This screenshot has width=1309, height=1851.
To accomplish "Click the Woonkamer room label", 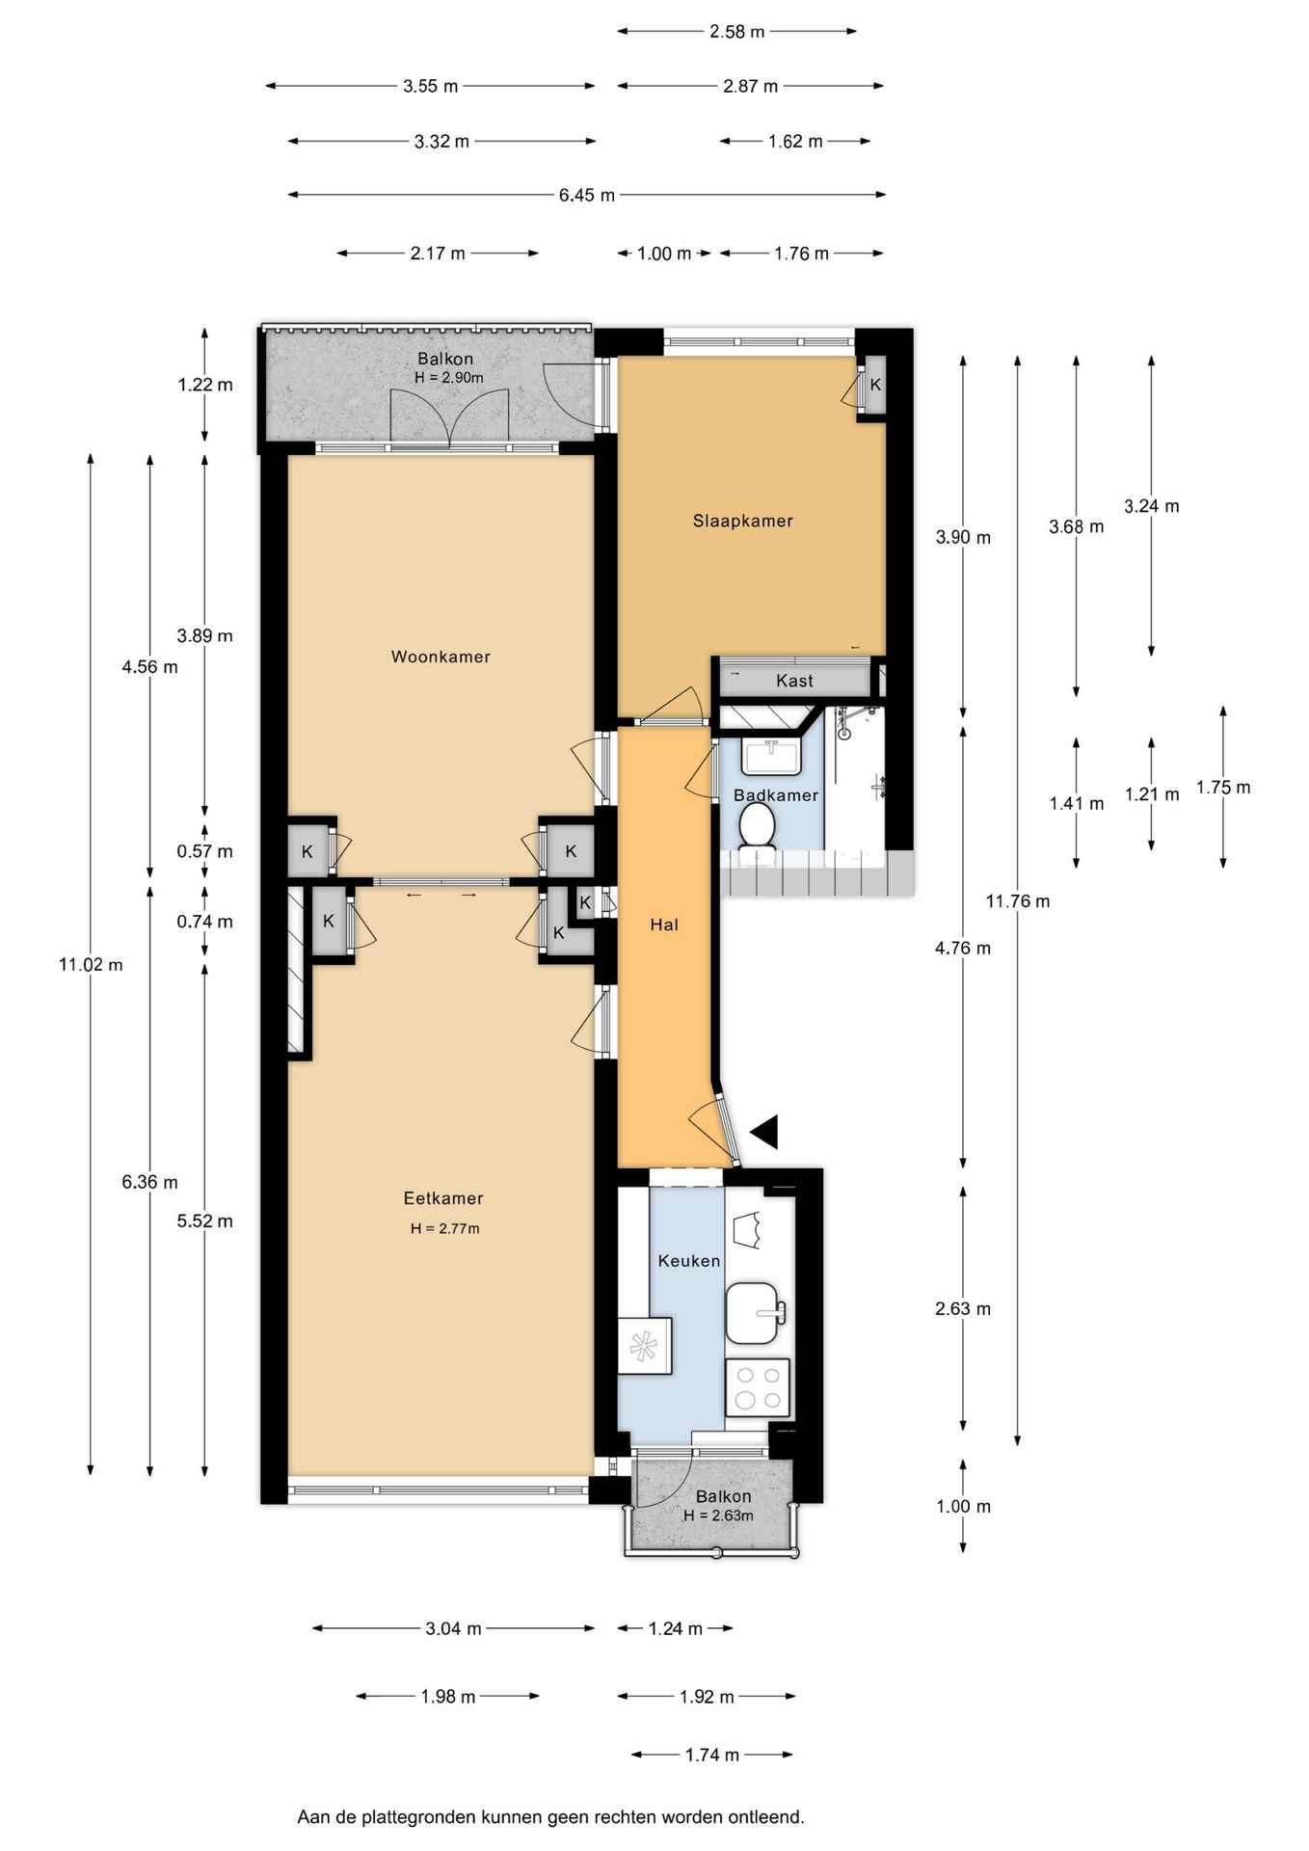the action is click(x=441, y=657).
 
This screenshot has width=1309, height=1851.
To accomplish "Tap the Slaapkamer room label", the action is click(x=742, y=522).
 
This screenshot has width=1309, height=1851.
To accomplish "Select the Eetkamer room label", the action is click(x=443, y=1198).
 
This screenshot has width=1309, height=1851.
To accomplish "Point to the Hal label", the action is click(x=664, y=925).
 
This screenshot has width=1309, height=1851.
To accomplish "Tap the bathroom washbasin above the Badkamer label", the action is click(x=771, y=756).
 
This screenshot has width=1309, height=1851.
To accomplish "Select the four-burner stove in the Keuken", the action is click(x=758, y=1388).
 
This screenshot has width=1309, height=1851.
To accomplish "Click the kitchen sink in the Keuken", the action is click(x=757, y=1312).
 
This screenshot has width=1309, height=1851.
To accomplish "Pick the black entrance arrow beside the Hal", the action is click(x=764, y=1132).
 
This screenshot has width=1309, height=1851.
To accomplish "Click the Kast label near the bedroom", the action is click(x=794, y=681).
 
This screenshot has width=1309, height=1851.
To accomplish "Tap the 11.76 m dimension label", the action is click(x=1018, y=901).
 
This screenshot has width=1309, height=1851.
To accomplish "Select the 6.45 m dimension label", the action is click(x=587, y=196).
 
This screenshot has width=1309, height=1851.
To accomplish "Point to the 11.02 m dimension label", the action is click(x=91, y=964).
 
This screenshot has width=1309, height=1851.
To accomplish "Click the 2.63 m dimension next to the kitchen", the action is click(x=963, y=1308).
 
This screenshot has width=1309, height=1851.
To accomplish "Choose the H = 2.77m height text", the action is click(x=444, y=1228).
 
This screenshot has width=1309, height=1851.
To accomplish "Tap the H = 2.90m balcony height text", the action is click(x=449, y=378).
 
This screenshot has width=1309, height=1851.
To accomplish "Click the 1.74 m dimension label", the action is click(x=712, y=1755).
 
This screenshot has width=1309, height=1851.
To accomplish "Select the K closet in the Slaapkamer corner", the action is click(x=874, y=385).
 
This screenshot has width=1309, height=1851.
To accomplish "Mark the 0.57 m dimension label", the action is click(x=204, y=851).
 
